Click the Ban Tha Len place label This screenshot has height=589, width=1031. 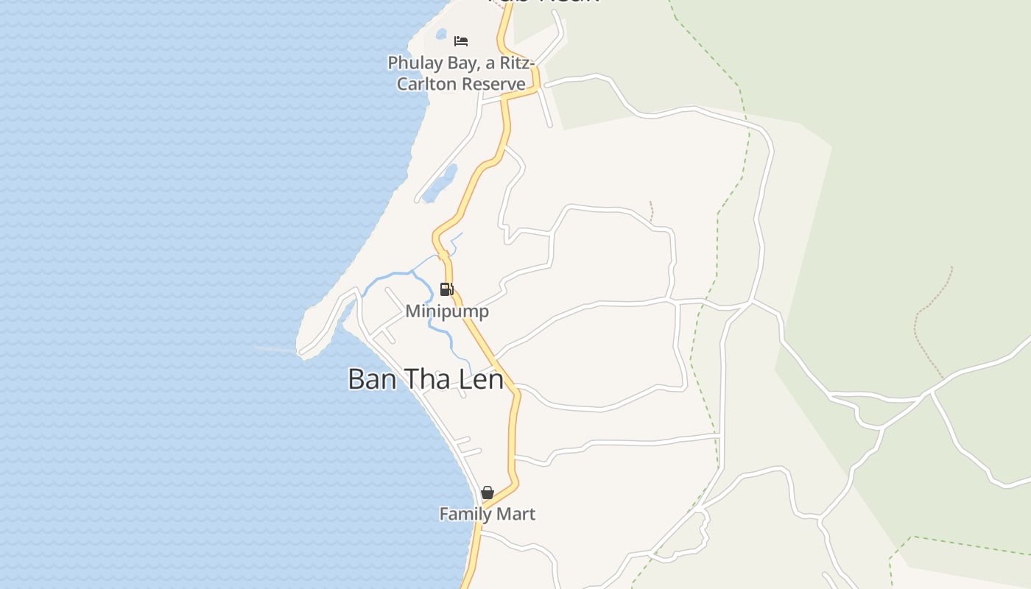click(426, 379)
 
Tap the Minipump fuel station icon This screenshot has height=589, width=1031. click(446, 289)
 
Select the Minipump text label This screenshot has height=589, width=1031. click(446, 311)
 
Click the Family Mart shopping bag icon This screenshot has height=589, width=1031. click(487, 493)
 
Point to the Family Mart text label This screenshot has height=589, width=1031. click(487, 514)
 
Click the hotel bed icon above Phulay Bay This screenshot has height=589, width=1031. click(461, 40)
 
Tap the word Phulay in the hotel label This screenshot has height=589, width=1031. click(415, 63)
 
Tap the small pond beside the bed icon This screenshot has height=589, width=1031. click(441, 34)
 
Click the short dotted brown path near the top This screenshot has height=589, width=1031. click(652, 211)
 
